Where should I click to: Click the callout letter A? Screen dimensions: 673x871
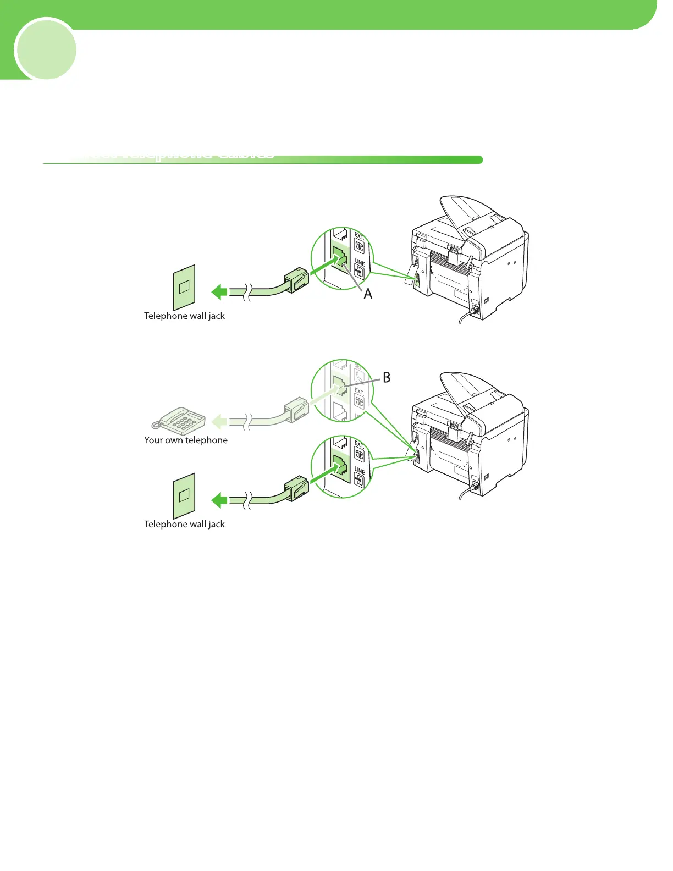tap(368, 294)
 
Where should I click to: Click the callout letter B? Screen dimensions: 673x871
tap(387, 377)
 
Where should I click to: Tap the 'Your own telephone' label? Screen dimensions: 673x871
tap(186, 440)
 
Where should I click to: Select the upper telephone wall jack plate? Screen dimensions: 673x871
tap(184, 287)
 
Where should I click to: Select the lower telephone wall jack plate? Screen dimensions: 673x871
tap(184, 495)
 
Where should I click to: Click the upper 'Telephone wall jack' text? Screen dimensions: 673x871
tap(184, 316)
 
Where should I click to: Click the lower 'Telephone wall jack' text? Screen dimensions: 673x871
tap(184, 524)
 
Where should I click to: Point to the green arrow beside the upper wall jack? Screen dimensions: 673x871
tap(219, 291)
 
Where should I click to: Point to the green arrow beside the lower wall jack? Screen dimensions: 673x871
tap(219, 500)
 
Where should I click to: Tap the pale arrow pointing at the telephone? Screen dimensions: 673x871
tap(219, 422)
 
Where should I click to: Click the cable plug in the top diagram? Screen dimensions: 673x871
tap(296, 279)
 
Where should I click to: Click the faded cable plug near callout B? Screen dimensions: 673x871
tap(296, 409)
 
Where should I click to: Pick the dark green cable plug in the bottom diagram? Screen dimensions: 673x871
tap(296, 488)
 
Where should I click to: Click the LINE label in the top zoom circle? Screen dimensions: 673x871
tap(360, 262)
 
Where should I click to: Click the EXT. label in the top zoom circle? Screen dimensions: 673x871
tap(359, 238)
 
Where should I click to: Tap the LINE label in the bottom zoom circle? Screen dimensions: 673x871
tap(360, 471)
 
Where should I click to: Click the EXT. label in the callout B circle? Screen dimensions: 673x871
tap(359, 392)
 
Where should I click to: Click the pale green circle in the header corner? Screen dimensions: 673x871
tap(46, 49)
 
